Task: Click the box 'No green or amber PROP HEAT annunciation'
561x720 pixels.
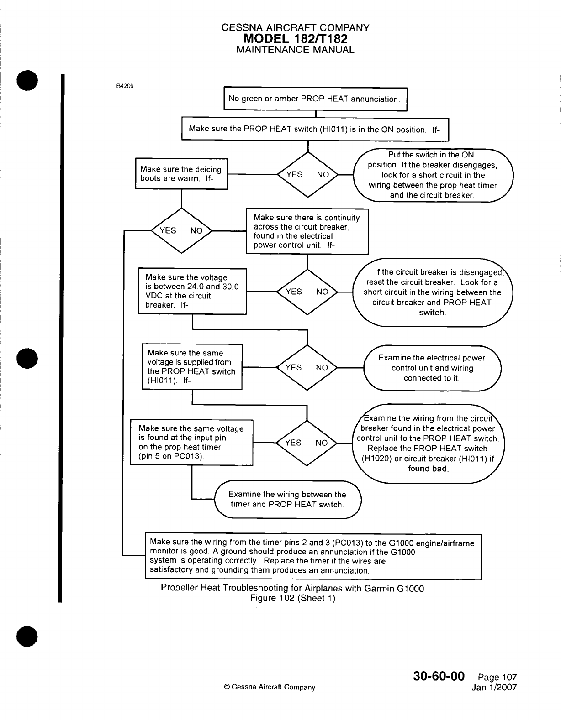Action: point(315,99)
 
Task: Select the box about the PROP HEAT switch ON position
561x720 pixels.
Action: point(315,129)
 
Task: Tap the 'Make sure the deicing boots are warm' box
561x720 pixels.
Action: point(181,173)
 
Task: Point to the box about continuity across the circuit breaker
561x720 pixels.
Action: point(307,231)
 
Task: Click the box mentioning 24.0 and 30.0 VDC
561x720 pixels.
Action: point(192,291)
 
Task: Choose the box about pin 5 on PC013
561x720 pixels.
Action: point(191,442)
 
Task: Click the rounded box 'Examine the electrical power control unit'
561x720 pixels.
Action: point(432,368)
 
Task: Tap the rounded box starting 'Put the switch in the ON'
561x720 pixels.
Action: point(433,175)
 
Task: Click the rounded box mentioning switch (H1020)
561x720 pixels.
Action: point(428,443)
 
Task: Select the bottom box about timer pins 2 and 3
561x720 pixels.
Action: point(313,556)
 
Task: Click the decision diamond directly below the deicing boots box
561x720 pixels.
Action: point(182,230)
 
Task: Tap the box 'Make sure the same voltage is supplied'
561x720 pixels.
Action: point(192,367)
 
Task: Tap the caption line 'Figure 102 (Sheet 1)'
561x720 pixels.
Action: point(293,598)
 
